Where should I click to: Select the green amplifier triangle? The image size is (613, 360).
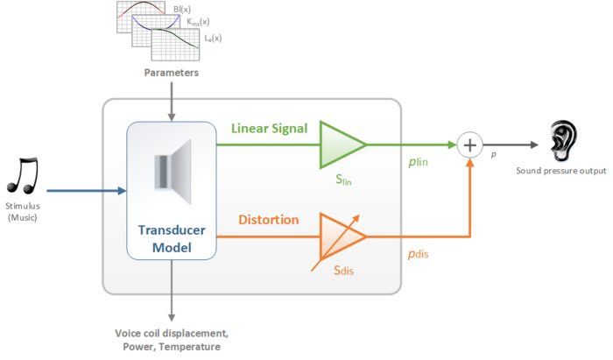coord(342,143)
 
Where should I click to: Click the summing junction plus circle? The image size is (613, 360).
coord(471,144)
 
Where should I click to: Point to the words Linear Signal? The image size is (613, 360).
coord(269,129)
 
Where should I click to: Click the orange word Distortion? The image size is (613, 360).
coord(268,220)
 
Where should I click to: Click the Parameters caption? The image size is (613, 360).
coord(172,74)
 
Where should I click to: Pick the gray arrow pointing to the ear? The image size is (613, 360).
coord(520,144)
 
